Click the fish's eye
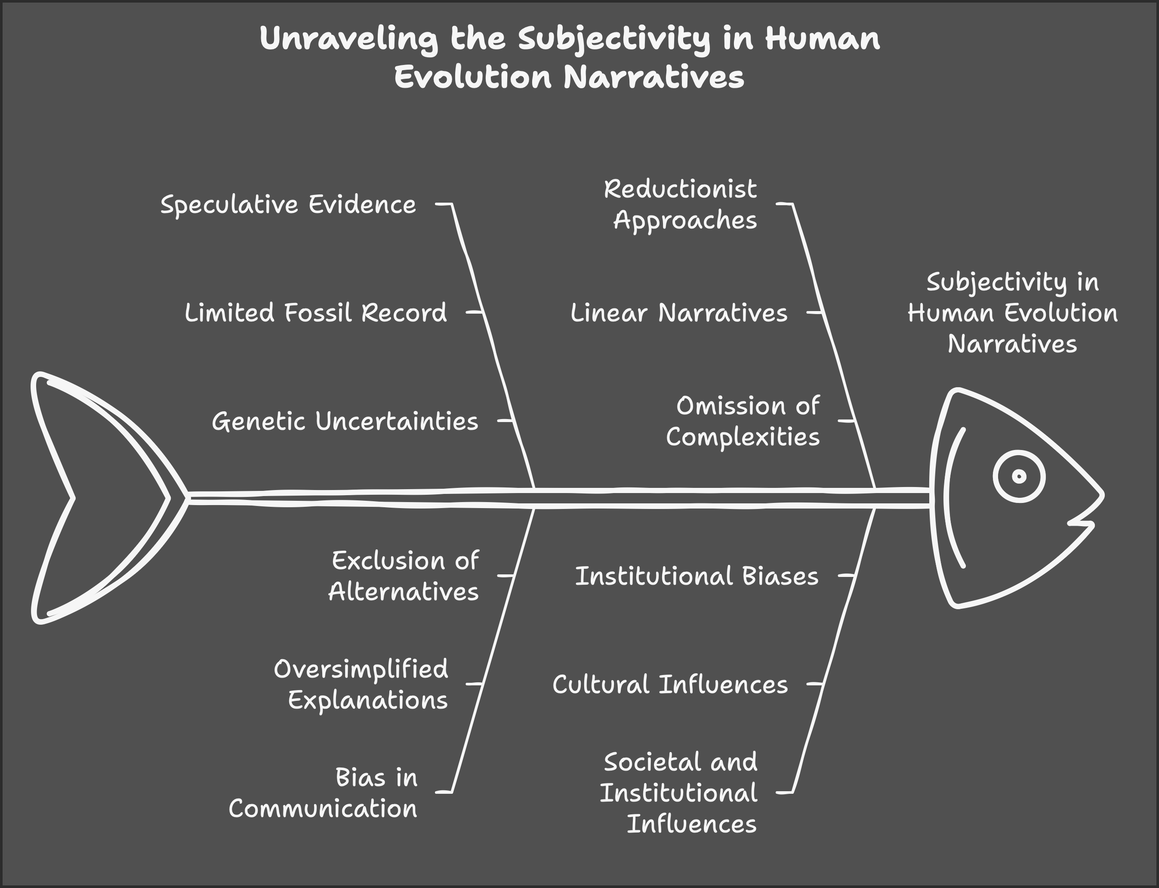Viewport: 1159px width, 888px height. click(1018, 476)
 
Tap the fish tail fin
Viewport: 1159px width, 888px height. click(100, 497)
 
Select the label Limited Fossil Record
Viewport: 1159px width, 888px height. click(315, 313)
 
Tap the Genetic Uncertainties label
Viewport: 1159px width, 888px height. click(345, 422)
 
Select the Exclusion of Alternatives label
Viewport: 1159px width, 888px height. click(404, 576)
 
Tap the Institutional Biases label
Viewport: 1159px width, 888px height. click(697, 576)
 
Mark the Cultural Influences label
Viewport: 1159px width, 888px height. click(670, 684)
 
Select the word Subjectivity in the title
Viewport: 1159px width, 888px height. click(613, 39)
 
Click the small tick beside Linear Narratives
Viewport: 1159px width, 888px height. click(814, 312)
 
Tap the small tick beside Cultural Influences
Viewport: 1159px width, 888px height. click(814, 684)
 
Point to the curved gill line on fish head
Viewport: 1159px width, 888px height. click(949, 497)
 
